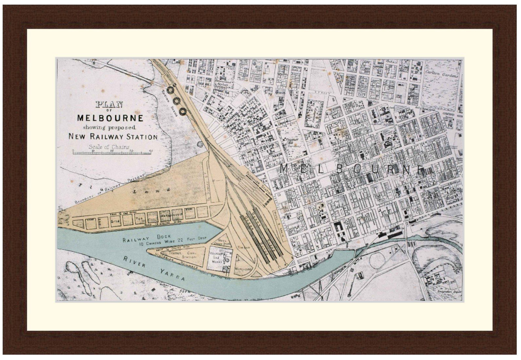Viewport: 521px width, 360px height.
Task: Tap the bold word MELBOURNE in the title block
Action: tap(110, 117)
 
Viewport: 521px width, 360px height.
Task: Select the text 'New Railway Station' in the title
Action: tap(113, 136)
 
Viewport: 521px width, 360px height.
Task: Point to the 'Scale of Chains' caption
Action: tap(109, 147)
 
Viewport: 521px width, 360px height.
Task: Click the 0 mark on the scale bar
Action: tap(73, 151)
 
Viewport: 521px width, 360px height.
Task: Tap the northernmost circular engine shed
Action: tap(171, 90)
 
